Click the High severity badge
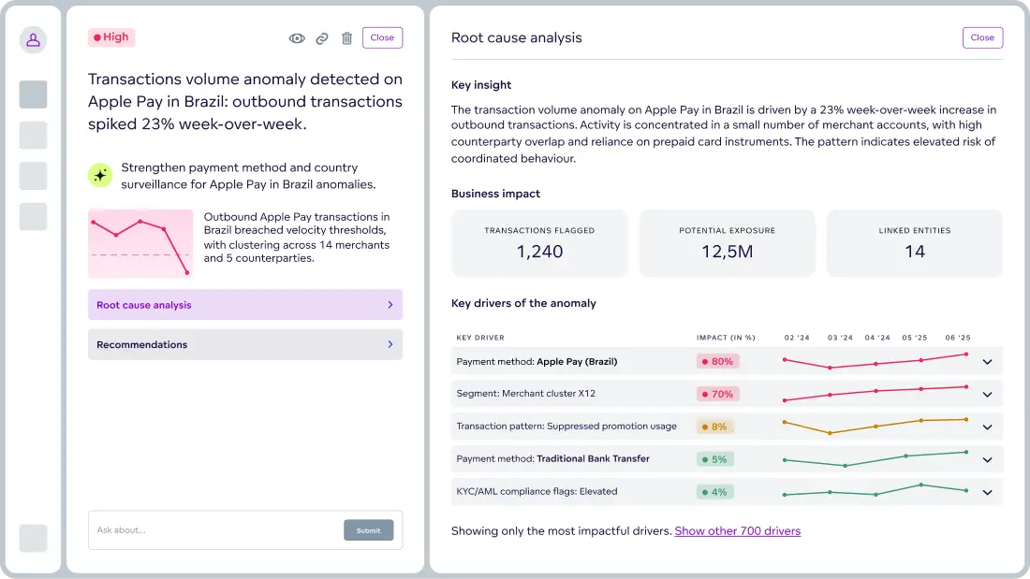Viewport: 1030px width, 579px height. coord(111,37)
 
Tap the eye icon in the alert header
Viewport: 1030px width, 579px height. coord(297,38)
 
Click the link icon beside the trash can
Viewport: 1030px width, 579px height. coord(322,38)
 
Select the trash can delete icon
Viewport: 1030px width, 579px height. coord(346,38)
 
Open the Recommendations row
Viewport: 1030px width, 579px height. coord(245,344)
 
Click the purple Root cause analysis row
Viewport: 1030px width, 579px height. coord(245,305)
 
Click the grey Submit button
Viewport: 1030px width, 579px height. coord(368,530)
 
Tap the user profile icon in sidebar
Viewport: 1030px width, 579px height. coord(33,39)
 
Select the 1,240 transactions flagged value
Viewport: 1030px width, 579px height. coord(539,251)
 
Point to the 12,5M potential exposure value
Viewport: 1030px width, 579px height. coord(727,251)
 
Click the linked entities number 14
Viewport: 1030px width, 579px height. coord(914,251)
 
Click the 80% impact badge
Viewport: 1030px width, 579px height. coord(717,361)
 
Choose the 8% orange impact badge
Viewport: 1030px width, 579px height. coord(714,427)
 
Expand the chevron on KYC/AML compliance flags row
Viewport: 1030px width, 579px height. coord(987,492)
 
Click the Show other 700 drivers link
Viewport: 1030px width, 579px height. coord(737,531)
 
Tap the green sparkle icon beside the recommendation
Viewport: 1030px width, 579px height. coord(100,175)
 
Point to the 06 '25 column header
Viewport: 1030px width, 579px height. coord(957,338)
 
